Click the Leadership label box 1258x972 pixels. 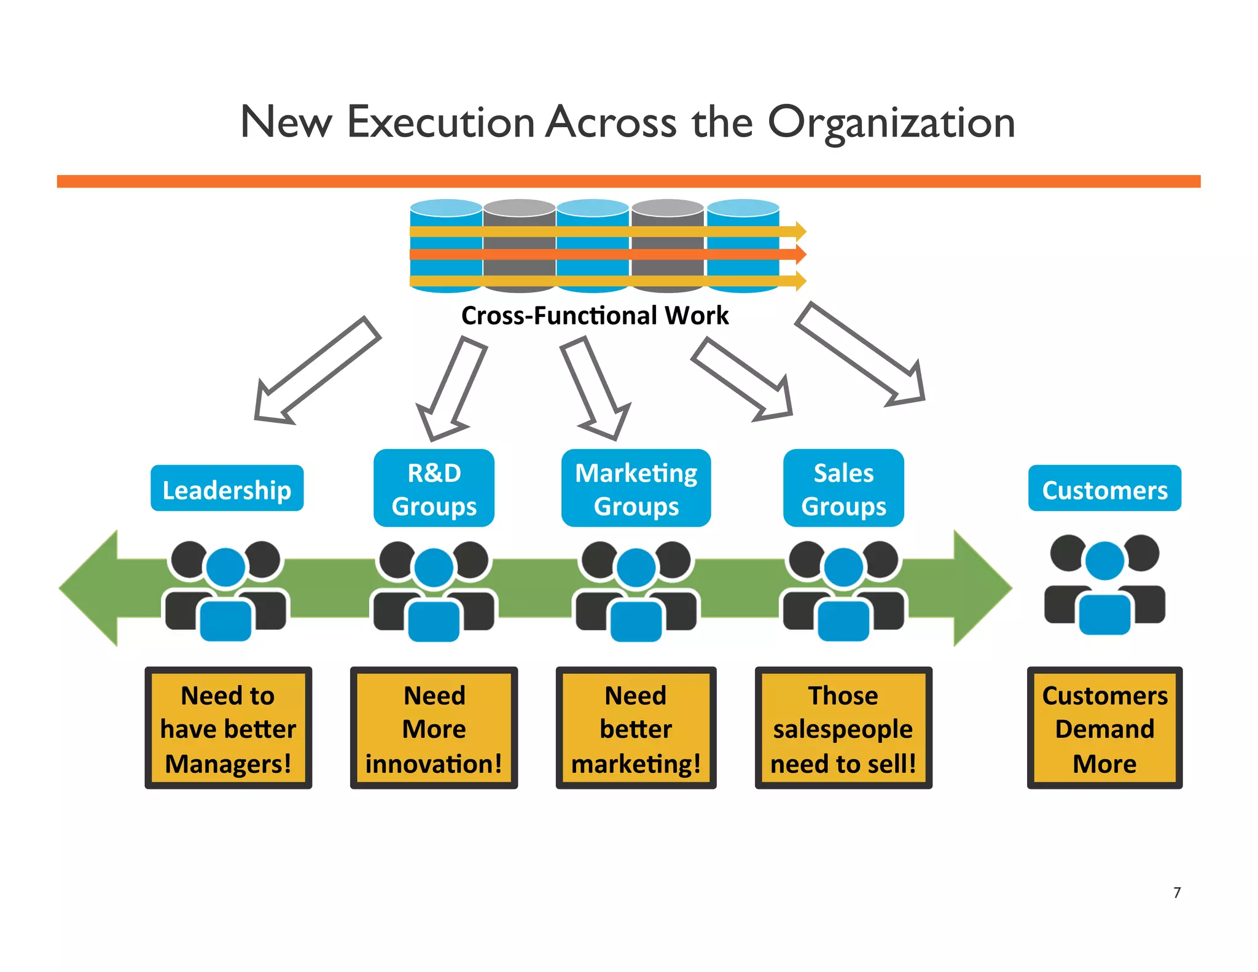[227, 488]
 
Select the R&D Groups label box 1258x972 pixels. [434, 488]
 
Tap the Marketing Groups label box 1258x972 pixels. [636, 488]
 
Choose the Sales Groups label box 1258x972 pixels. [843, 488]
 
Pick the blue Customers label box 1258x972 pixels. [1104, 488]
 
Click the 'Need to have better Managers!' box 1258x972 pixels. [228, 728]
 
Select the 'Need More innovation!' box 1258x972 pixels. [434, 728]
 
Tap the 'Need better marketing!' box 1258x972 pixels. [636, 728]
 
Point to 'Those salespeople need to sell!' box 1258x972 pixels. [843, 728]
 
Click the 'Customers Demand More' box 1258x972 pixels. [1104, 728]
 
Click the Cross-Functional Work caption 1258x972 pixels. [595, 316]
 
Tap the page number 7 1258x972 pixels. [1177, 893]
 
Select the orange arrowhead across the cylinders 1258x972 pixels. [800, 254]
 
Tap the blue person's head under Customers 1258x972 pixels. [1104, 560]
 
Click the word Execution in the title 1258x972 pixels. [440, 123]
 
